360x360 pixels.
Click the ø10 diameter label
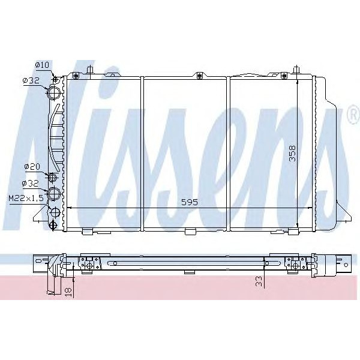click(x=41, y=64)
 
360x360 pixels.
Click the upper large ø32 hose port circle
click(x=55, y=93)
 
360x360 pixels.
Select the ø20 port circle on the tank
click(x=53, y=178)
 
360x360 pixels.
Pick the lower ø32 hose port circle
click(x=54, y=193)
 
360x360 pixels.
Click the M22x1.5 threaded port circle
click(x=55, y=212)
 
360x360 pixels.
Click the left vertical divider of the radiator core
click(x=141, y=153)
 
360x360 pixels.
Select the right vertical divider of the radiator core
click(x=230, y=153)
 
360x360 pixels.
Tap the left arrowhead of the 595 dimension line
click(x=67, y=208)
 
